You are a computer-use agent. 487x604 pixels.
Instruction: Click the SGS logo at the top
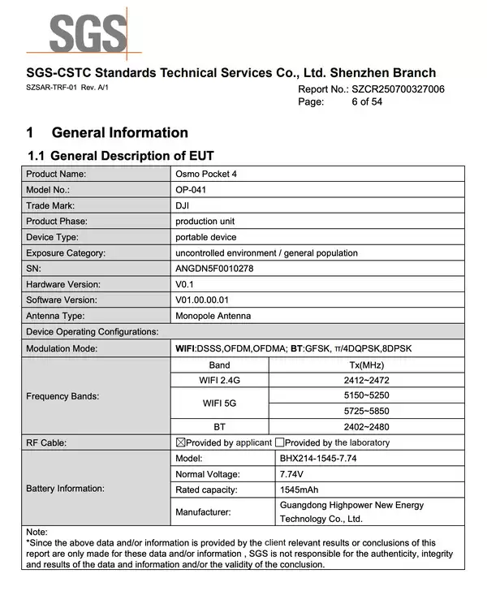pyautogui.click(x=88, y=33)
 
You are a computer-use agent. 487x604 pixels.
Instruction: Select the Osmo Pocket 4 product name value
pyautogui.click(x=206, y=174)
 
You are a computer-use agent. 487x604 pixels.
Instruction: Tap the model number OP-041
pyautogui.click(x=192, y=189)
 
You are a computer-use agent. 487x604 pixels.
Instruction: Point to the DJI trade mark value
pyautogui.click(x=183, y=205)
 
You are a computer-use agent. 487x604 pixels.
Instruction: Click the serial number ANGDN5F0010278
pyautogui.click(x=214, y=269)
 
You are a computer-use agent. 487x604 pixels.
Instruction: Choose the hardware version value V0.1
pyautogui.click(x=186, y=284)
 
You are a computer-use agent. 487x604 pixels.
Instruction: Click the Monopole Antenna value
pyautogui.click(x=213, y=316)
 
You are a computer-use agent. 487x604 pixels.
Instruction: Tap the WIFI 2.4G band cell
pyautogui.click(x=219, y=380)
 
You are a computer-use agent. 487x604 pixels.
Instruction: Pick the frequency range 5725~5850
pyautogui.click(x=366, y=411)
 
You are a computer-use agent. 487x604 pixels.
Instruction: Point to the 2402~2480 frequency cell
pyautogui.click(x=366, y=426)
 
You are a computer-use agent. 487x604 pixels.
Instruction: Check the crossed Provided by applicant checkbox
pyautogui.click(x=181, y=442)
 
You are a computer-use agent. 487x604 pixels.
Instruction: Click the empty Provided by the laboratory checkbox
pyautogui.click(x=279, y=442)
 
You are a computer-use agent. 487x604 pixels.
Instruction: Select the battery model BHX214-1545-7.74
pyautogui.click(x=317, y=458)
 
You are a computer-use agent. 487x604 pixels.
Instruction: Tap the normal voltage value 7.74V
pyautogui.click(x=292, y=473)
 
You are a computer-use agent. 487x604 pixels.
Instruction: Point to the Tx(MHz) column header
pyautogui.click(x=366, y=365)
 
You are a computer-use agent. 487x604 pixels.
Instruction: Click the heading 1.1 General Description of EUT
pyautogui.click(x=121, y=155)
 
